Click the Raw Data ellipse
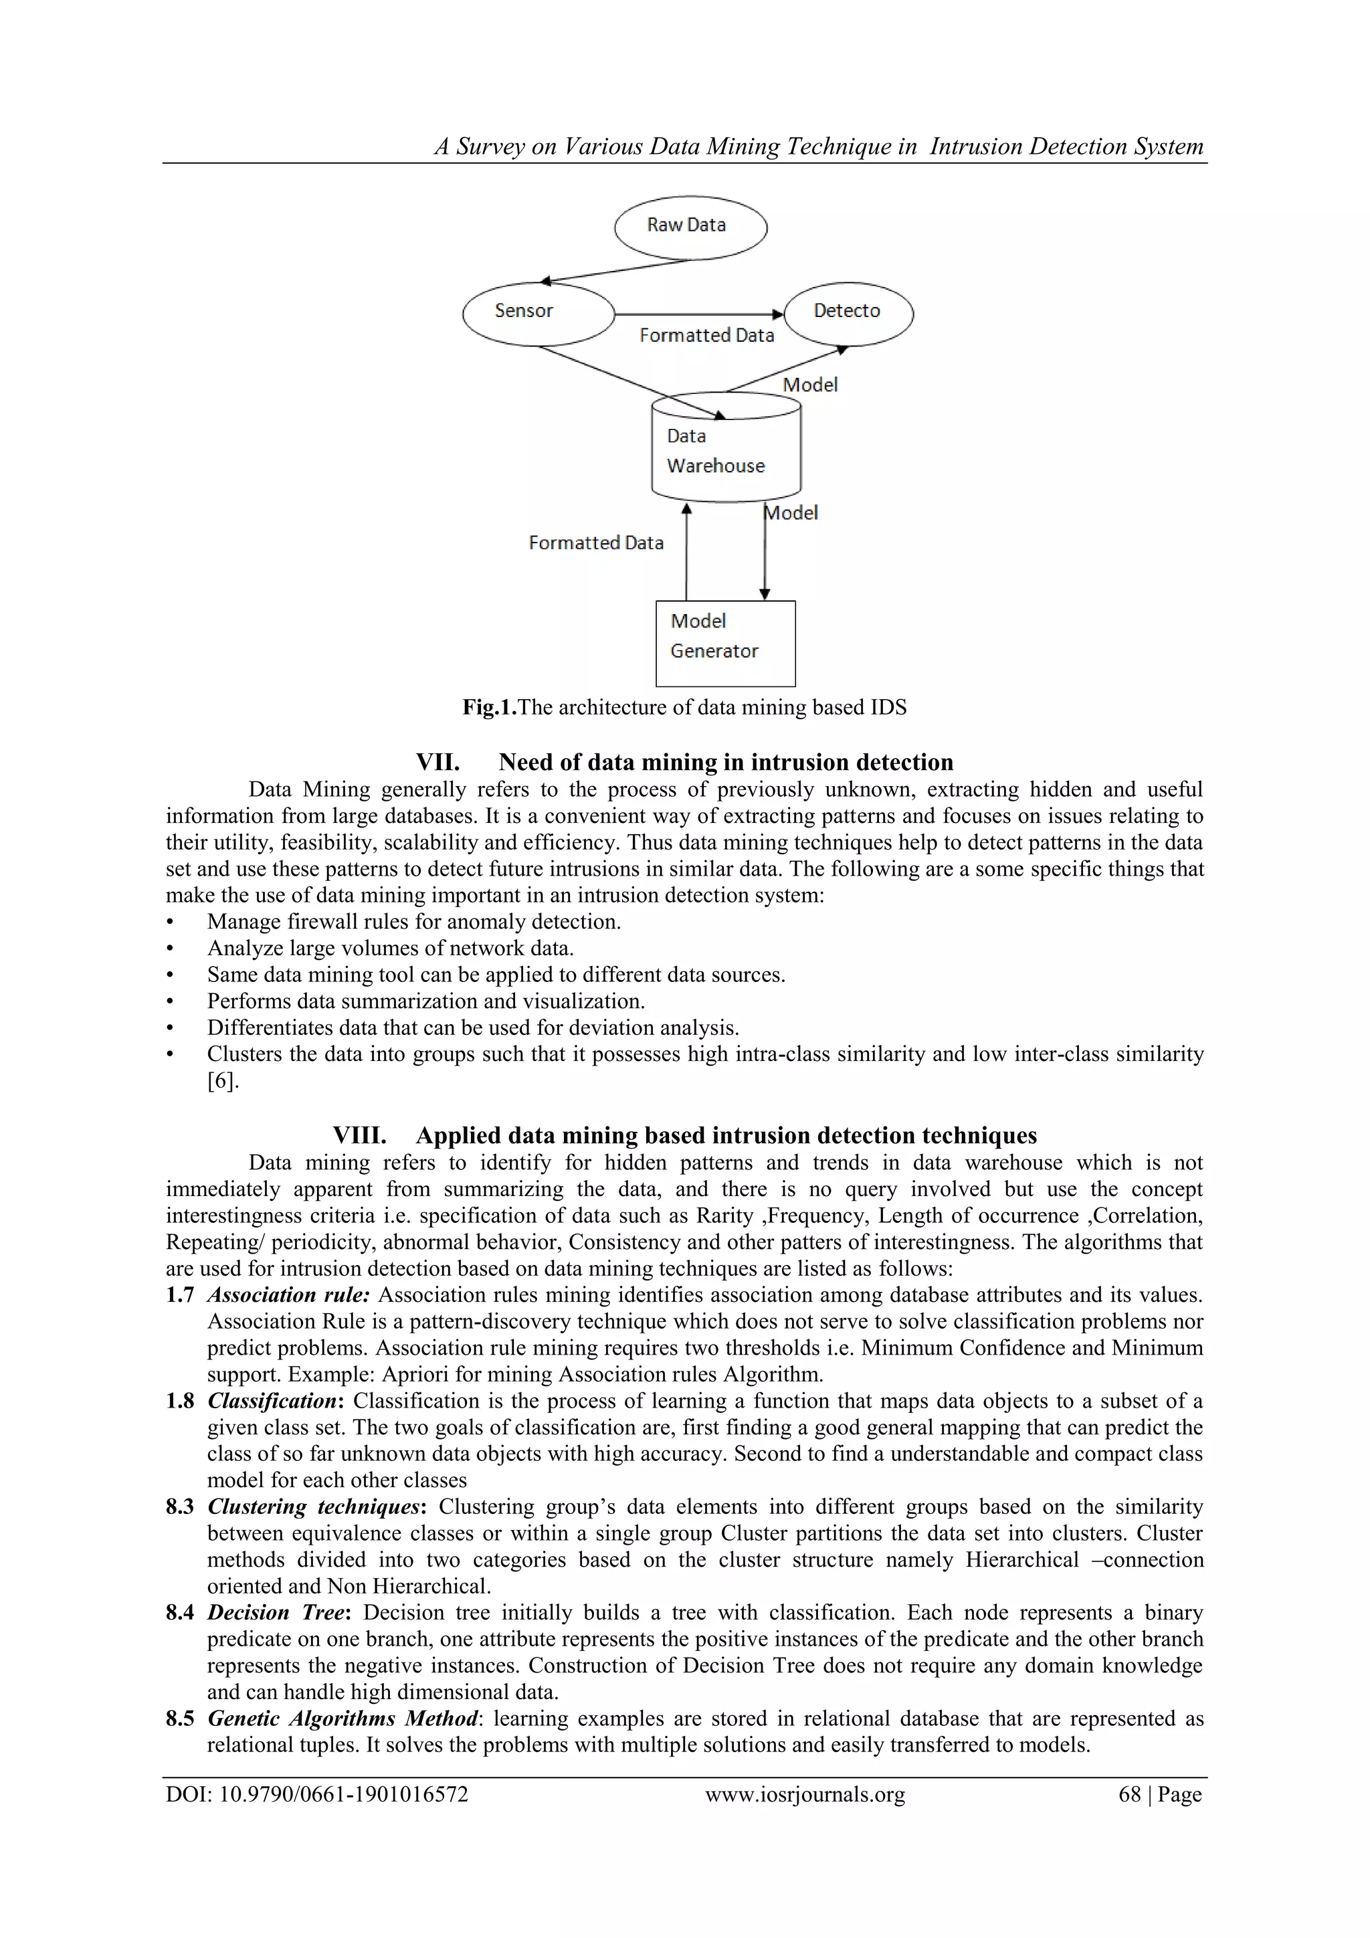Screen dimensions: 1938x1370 click(x=690, y=226)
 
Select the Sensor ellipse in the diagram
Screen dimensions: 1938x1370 click(x=539, y=313)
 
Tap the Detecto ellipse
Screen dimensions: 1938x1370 click(x=848, y=313)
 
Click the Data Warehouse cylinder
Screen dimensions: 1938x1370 click(x=726, y=452)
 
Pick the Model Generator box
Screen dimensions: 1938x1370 click(x=725, y=643)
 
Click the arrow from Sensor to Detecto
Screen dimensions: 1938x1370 click(x=699, y=314)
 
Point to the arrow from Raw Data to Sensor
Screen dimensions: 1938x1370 click(x=616, y=270)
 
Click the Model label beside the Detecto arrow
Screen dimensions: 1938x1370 click(x=809, y=385)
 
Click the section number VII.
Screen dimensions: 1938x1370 click(x=437, y=762)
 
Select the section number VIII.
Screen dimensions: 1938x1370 click(x=359, y=1135)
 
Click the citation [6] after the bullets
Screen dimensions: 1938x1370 click(x=223, y=1080)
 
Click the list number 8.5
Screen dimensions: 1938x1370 click(x=180, y=1718)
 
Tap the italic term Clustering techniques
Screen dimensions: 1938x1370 click(x=314, y=1507)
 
